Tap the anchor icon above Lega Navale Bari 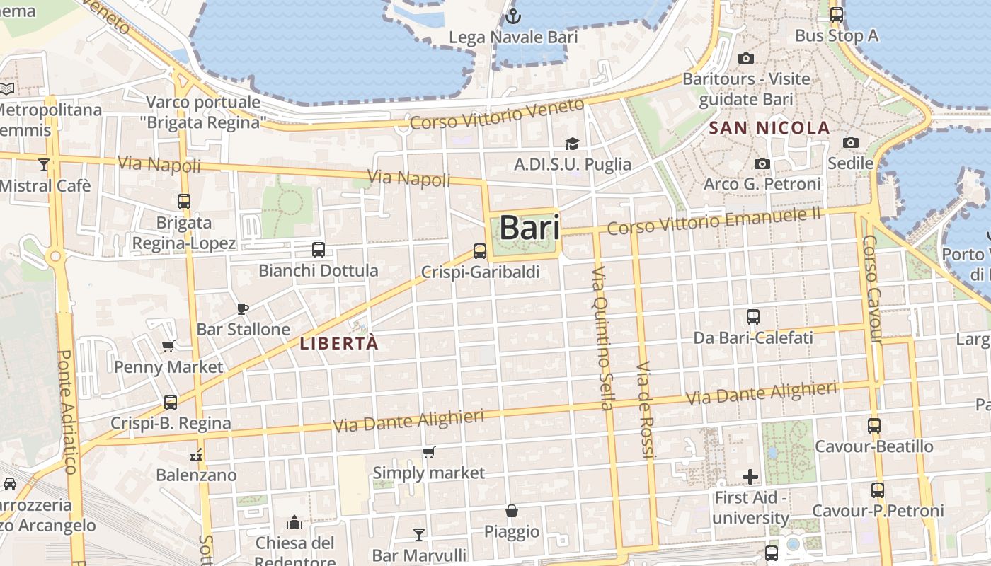coord(513,16)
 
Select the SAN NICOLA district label coord(769,128)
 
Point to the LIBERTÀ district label coord(340,344)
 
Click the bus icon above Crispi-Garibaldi coord(480,251)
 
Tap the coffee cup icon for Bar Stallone coord(243,308)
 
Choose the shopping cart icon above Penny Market coord(168,346)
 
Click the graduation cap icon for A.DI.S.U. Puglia coord(572,144)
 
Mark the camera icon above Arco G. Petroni coord(762,164)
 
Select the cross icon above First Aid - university coord(750,477)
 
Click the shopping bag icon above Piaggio coord(511,511)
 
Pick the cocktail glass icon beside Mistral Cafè coord(44,165)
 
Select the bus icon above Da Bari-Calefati coord(753,317)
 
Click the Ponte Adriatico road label coord(67,411)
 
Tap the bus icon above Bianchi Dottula coord(319,250)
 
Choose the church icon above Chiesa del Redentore coord(294,523)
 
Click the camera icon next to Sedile coord(851,143)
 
